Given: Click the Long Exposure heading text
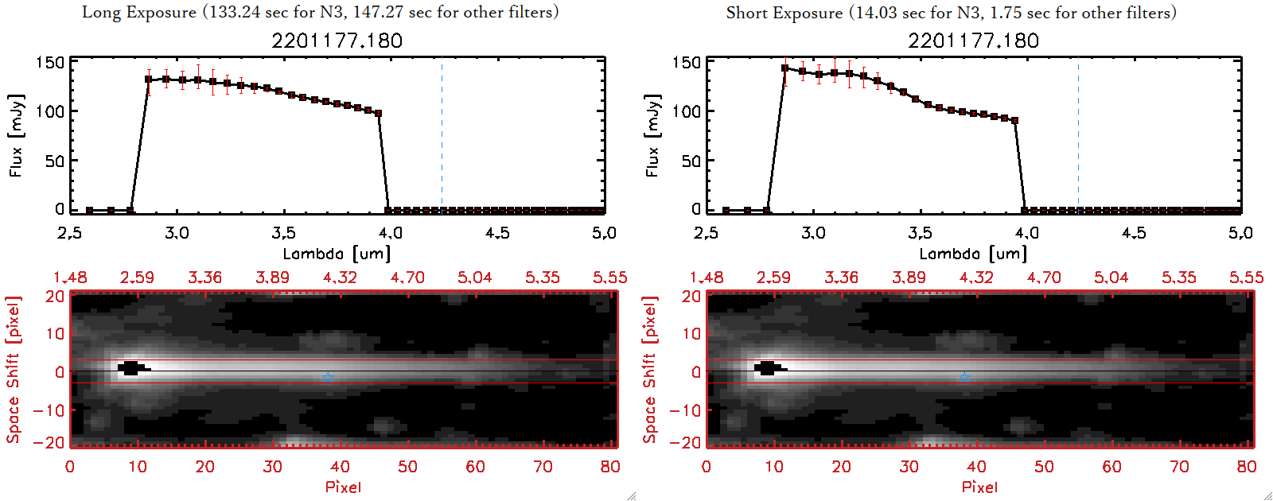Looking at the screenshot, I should coord(320,12).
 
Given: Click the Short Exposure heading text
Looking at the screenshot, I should coord(951,13).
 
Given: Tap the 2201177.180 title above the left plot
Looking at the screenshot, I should coord(337,41).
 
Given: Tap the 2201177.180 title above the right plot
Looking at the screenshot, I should coord(973,41).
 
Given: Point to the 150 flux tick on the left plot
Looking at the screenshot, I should coord(49,62).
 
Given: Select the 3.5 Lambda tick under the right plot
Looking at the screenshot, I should coord(920,233).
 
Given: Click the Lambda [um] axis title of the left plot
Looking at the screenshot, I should coord(337,254).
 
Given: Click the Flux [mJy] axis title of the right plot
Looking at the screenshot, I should coord(652,135).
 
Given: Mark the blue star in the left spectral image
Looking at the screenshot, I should coord(328,377).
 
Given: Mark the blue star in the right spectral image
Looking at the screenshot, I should coord(964,377).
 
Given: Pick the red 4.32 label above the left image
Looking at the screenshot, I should coord(340,278).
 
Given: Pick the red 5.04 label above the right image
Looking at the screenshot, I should coord(1111,278).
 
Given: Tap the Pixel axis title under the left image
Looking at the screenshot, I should coord(343,487).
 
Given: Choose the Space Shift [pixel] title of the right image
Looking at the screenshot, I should coord(650,370).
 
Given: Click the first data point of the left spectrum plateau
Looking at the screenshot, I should coord(149,80).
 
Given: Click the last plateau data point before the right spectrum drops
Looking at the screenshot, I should coord(1014,121).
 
